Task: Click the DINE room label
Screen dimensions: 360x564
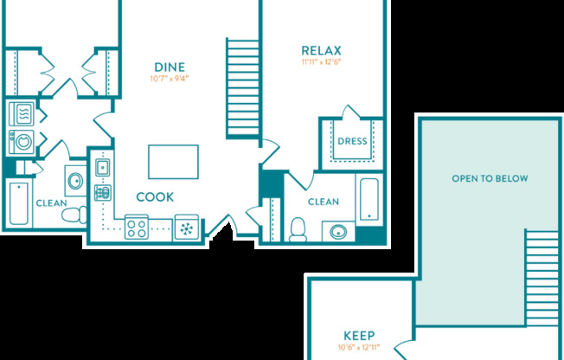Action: tap(169, 67)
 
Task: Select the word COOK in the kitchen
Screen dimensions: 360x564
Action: tap(156, 196)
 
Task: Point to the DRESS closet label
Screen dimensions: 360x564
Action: tap(352, 141)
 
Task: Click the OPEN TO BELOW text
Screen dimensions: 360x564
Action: tap(490, 178)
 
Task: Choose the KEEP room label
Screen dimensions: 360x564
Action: tap(358, 336)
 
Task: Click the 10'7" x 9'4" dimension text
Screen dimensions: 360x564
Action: tap(169, 79)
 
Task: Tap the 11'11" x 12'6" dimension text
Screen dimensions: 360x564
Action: tap(321, 62)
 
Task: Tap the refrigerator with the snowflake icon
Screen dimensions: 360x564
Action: tap(186, 228)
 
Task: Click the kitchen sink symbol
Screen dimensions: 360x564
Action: tap(102, 166)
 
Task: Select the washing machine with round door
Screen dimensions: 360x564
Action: tap(21, 141)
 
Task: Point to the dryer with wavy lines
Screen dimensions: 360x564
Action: tap(21, 113)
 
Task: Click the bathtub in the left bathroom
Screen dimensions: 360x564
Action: tap(18, 203)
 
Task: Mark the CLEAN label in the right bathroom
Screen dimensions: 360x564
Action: tap(324, 202)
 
